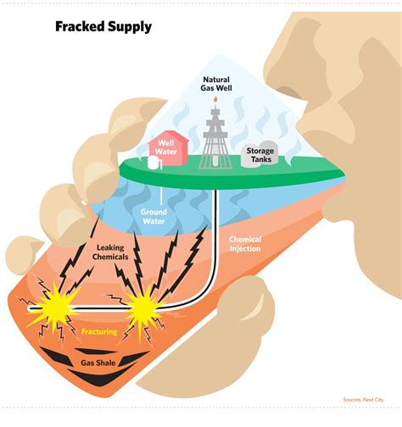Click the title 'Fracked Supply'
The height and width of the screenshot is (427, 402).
(103, 26)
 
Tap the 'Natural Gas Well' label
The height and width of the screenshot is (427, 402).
(215, 82)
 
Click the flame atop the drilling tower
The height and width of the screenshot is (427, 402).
(215, 100)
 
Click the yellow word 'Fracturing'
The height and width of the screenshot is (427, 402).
(99, 333)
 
